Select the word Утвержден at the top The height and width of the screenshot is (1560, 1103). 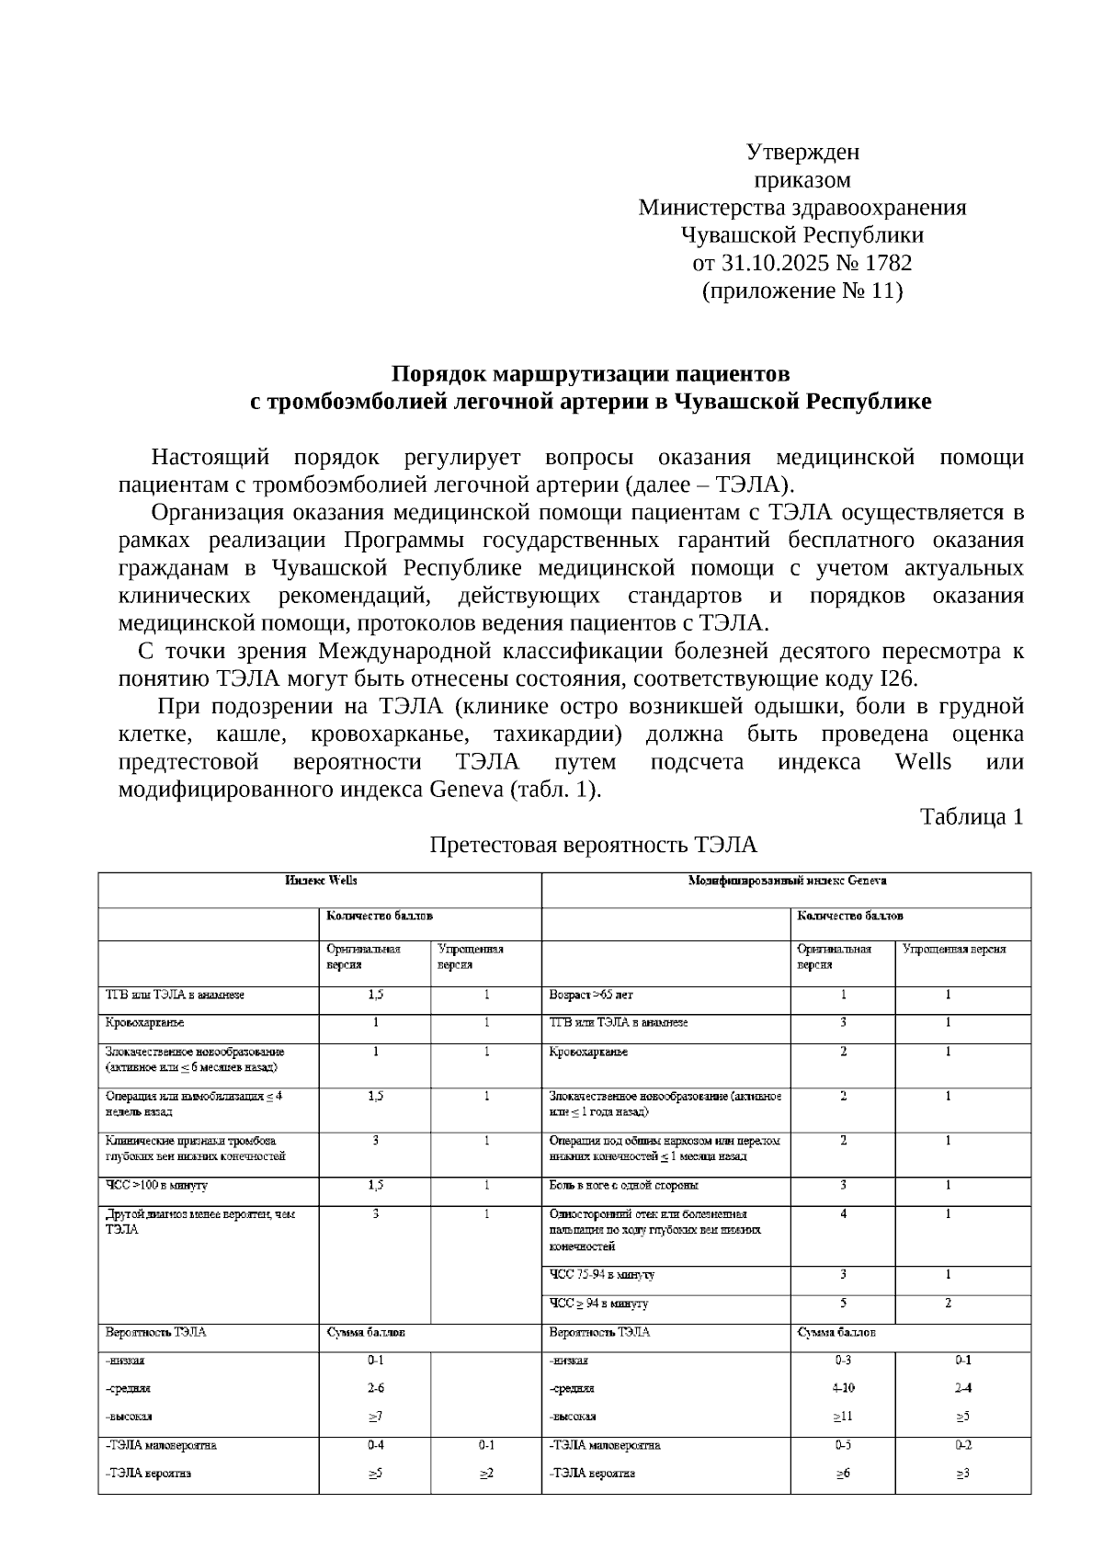click(802, 152)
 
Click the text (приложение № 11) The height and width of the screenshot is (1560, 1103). click(802, 291)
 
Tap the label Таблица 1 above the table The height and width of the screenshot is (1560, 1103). click(972, 816)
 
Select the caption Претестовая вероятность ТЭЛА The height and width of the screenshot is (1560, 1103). click(594, 844)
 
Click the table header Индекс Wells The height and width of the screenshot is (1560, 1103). click(321, 881)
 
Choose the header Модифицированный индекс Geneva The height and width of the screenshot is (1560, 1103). click(787, 881)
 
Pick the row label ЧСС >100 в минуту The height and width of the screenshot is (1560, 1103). click(156, 1186)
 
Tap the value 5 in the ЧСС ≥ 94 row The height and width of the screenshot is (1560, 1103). click(843, 1303)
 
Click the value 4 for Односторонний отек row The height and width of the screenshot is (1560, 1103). click(843, 1214)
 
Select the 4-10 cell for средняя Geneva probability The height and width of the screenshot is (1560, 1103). click(843, 1388)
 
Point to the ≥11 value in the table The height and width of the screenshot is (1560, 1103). click(843, 1417)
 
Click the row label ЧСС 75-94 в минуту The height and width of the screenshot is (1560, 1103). click(602, 1275)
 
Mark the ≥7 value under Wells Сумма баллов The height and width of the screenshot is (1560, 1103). click(375, 1417)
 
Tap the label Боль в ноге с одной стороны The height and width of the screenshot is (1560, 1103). click(623, 1186)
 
